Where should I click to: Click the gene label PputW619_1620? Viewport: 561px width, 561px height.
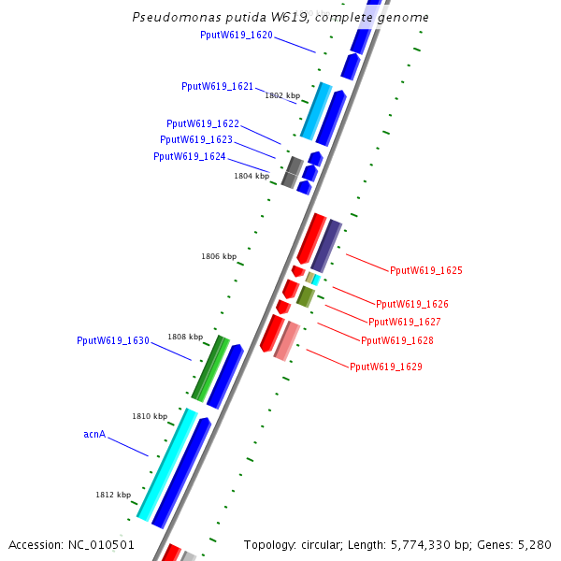[x=237, y=35]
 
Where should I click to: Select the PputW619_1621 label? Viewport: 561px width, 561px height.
[x=217, y=86]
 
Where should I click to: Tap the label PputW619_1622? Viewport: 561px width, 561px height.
[x=203, y=123]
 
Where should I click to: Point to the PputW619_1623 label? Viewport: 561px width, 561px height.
[x=196, y=139]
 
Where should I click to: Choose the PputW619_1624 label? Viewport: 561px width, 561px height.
[x=190, y=156]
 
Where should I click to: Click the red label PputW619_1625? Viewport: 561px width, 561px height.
[x=426, y=270]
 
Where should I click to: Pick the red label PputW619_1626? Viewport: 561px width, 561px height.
[x=412, y=304]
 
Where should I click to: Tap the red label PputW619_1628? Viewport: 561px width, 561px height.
[x=397, y=340]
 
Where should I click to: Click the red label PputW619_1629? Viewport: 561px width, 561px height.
[x=386, y=367]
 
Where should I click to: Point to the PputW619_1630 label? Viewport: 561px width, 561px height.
[x=113, y=340]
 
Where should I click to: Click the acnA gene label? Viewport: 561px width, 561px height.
[x=94, y=434]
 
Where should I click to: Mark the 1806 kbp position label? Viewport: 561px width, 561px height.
[x=219, y=256]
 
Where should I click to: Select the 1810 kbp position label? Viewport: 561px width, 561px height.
[x=150, y=416]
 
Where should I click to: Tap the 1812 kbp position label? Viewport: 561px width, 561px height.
[x=113, y=495]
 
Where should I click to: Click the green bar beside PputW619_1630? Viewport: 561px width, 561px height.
[x=210, y=367]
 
